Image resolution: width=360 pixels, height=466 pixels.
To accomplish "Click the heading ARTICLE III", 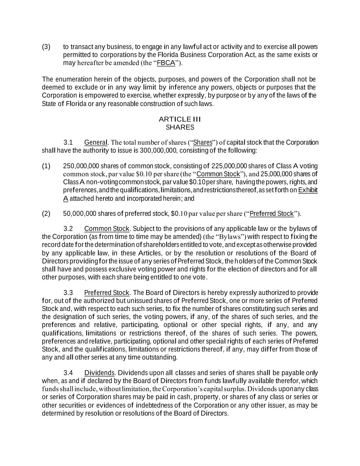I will click(x=180, y=119).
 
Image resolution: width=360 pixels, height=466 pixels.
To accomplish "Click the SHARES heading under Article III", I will click(x=180, y=127).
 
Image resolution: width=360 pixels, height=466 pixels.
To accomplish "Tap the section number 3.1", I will click(x=68, y=142).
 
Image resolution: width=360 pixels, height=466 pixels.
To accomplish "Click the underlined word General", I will click(x=96, y=142).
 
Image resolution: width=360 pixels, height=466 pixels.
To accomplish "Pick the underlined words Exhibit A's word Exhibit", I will click(x=308, y=190).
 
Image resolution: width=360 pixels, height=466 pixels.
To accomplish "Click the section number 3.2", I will click(x=68, y=229).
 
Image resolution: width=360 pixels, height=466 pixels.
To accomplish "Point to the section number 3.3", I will click(x=68, y=293).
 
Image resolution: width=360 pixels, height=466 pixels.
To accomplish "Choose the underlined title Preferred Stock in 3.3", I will click(x=107, y=293).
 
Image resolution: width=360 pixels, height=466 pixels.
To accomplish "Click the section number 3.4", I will click(x=68, y=373).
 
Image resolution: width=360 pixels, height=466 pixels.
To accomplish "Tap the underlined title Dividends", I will click(x=99, y=373).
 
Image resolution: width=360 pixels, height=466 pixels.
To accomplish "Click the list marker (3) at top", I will click(x=46, y=47).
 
